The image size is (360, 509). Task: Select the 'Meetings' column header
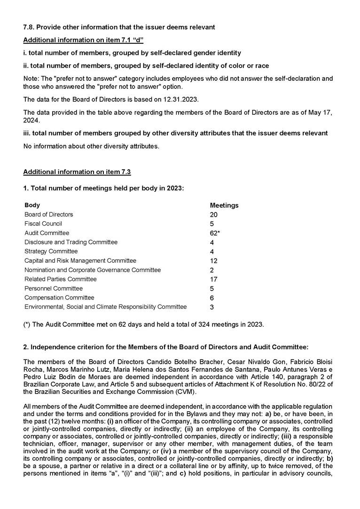[224, 205]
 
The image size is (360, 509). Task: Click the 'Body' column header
[32, 205]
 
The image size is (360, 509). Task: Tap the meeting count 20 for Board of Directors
[214, 215]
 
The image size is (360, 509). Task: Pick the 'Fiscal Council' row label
[43, 224]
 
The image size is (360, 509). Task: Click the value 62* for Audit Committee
[215, 233]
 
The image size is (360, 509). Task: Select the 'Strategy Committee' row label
[51, 251]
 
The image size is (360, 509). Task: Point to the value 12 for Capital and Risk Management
[214, 261]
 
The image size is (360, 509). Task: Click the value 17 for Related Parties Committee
[214, 279]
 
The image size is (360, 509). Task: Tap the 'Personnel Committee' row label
[54, 289]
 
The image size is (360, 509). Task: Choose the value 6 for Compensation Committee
[212, 298]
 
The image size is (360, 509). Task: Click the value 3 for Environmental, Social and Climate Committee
[212, 307]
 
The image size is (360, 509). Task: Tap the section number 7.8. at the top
[31, 27]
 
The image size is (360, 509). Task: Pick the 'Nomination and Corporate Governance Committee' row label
[93, 270]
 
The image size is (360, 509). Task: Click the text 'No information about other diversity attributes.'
[91, 146]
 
